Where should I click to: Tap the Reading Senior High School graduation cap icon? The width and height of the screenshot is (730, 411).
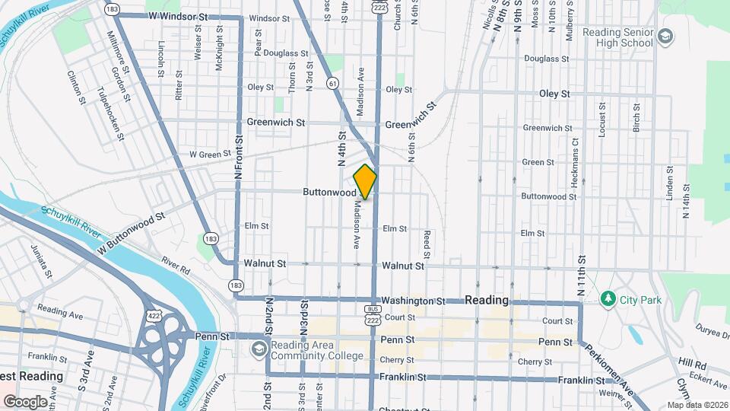pyautogui.click(x=665, y=37)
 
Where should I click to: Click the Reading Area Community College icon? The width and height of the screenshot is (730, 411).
pyautogui.click(x=259, y=349)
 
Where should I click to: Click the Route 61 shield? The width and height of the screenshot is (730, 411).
pyautogui.click(x=332, y=83)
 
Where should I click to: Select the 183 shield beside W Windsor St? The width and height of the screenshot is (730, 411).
pyautogui.click(x=112, y=9)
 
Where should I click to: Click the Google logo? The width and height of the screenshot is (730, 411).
pyautogui.click(x=26, y=401)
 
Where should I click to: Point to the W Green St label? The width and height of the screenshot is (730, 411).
pyautogui.click(x=210, y=155)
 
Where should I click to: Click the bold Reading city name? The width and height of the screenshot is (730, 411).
pyautogui.click(x=487, y=300)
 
